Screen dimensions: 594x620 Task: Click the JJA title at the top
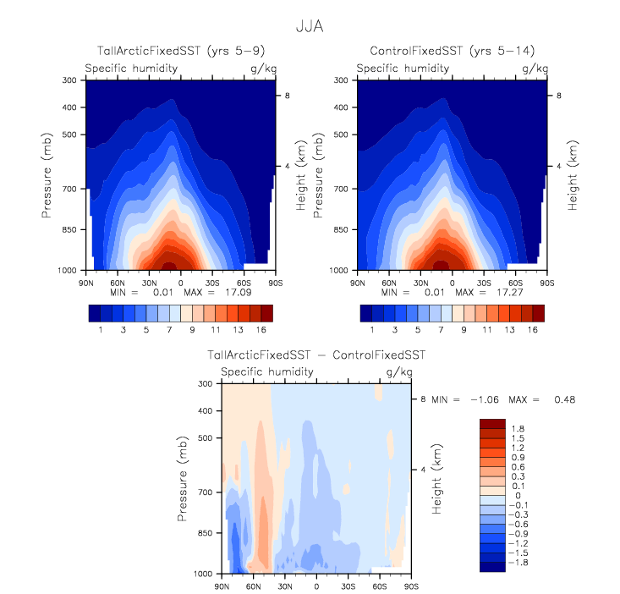[310, 26]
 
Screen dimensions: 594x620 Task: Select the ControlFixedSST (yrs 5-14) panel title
[452, 52]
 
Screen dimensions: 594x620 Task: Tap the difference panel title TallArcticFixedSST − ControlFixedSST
[316, 355]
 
